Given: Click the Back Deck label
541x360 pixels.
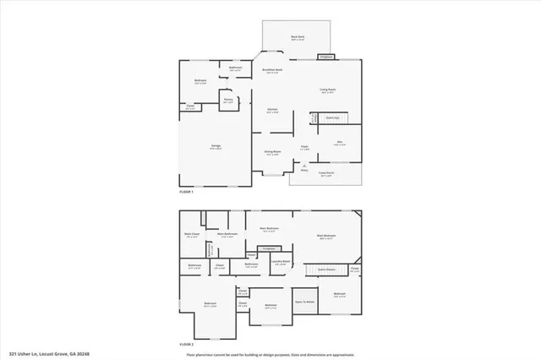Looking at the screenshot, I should pyautogui.click(x=298, y=37).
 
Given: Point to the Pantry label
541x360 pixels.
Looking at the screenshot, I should pyautogui.click(x=228, y=100).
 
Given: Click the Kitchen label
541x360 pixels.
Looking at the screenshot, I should pyautogui.click(x=273, y=111).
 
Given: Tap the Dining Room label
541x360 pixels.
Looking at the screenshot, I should pyautogui.click(x=272, y=152).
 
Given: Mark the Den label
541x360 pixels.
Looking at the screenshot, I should pyautogui.click(x=339, y=144).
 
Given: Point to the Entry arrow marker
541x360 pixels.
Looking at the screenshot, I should pyautogui.click(x=304, y=166).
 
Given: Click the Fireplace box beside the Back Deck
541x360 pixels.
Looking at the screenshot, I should pyautogui.click(x=325, y=57).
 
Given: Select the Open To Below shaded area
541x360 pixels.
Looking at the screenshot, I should pyautogui.click(x=304, y=300).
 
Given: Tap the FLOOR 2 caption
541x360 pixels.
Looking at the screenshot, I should pyautogui.click(x=186, y=345).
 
